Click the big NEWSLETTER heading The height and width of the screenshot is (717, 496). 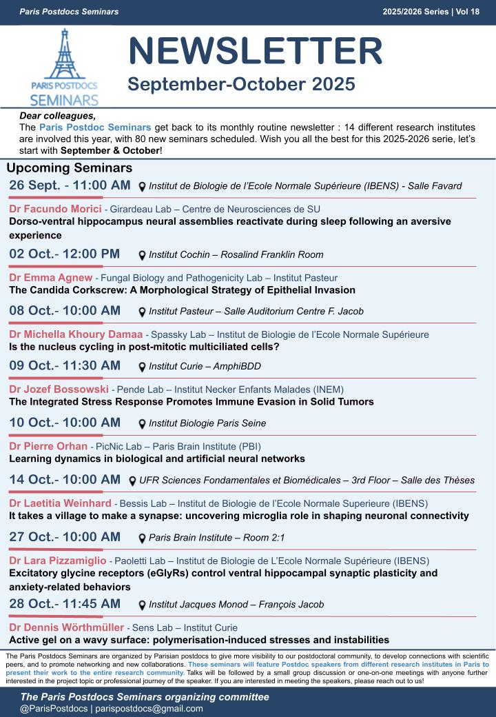(x=255, y=52)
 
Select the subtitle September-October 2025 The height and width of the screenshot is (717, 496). (x=241, y=85)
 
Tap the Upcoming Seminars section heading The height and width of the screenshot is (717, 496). (x=69, y=168)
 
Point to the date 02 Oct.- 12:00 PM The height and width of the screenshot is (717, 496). (x=64, y=254)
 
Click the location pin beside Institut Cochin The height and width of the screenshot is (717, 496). (x=142, y=255)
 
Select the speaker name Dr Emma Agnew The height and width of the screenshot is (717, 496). (x=51, y=278)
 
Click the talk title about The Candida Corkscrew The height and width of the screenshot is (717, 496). (x=182, y=290)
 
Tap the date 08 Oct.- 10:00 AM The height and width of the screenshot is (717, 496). (x=65, y=310)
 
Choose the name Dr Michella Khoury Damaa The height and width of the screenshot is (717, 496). (x=76, y=334)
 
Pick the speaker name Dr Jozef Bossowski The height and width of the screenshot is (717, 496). (x=59, y=390)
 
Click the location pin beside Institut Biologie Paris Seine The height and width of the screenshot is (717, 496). (x=142, y=424)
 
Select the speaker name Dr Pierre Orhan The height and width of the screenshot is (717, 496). (x=48, y=446)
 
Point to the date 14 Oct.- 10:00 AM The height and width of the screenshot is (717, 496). (x=65, y=479)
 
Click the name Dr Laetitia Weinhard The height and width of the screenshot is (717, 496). (x=60, y=503)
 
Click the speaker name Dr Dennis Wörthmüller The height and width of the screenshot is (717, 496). (x=67, y=627)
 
